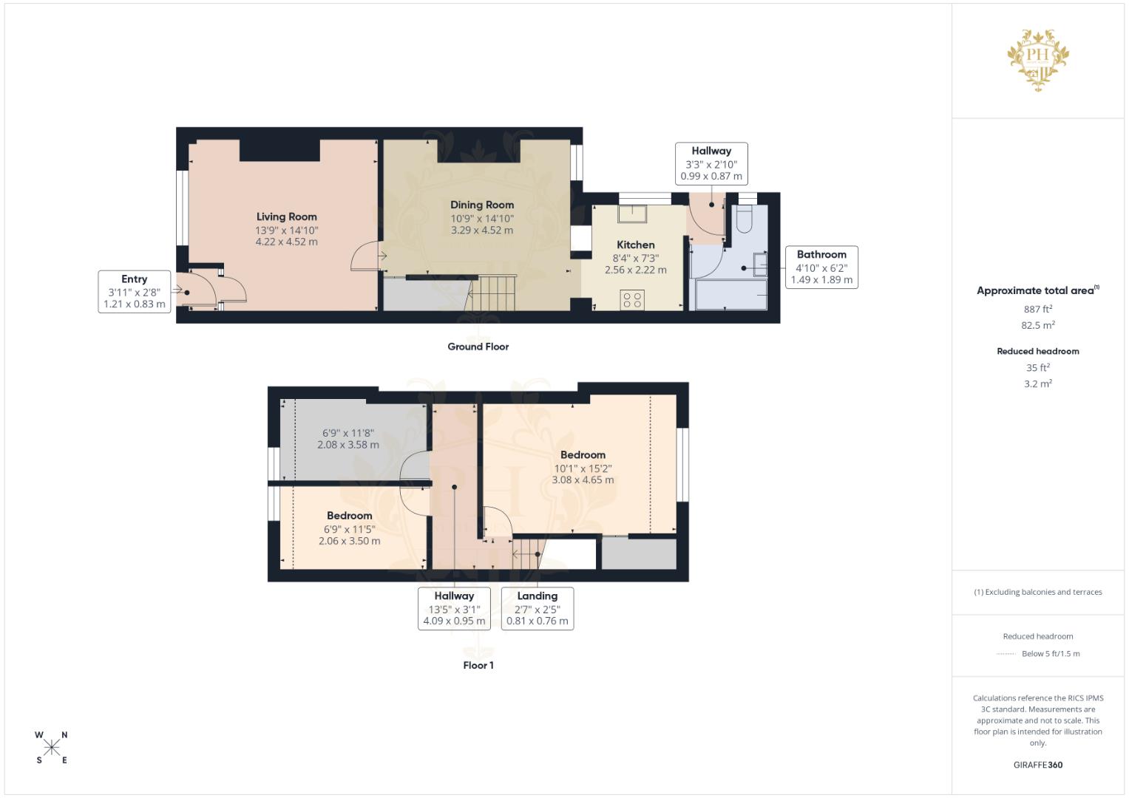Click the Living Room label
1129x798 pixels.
click(286, 216)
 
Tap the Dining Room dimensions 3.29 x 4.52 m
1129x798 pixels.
click(482, 231)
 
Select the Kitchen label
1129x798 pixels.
click(636, 245)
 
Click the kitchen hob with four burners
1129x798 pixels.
click(632, 300)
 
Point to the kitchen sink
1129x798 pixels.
click(633, 214)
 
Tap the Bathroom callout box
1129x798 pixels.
click(821, 267)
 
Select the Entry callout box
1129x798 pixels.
click(134, 292)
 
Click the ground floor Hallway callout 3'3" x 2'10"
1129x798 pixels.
click(711, 163)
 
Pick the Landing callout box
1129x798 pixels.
click(538, 608)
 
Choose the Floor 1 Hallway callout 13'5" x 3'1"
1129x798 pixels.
click(454, 608)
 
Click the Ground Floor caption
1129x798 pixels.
click(478, 347)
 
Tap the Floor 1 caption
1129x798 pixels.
click(478, 665)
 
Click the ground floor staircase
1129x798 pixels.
click(492, 293)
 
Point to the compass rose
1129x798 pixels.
click(52, 748)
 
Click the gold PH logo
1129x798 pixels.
click(1038, 60)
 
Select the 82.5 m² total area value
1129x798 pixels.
click(1038, 325)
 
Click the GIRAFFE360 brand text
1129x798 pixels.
click(1038, 765)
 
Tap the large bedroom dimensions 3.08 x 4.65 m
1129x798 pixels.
click(583, 480)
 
